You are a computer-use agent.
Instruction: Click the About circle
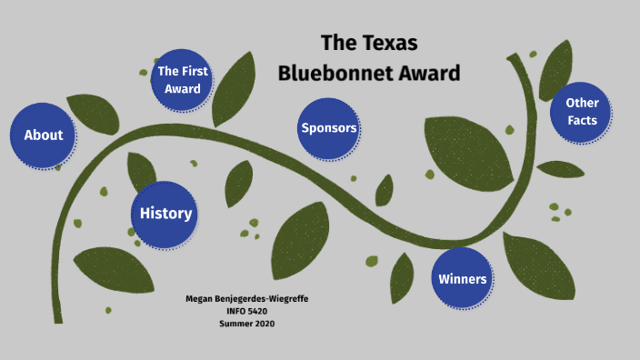point(44,135)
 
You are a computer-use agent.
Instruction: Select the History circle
point(165,215)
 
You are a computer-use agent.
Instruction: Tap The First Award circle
point(183,80)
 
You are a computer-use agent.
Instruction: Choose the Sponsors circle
point(329,128)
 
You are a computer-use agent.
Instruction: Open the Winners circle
point(463,279)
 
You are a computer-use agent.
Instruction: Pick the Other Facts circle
point(582,112)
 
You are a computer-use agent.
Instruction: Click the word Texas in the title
point(392,43)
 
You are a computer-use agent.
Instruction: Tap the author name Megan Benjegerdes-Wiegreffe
point(246,299)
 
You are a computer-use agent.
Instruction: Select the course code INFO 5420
point(246,312)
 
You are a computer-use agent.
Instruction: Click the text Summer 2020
point(246,324)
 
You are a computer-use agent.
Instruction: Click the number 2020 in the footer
point(264,324)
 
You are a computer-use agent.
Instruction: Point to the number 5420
point(257,312)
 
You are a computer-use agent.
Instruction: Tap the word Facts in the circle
point(582,121)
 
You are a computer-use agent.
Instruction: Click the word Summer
point(235,324)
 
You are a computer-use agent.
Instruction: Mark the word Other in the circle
point(582,103)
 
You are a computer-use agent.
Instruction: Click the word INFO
point(235,312)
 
